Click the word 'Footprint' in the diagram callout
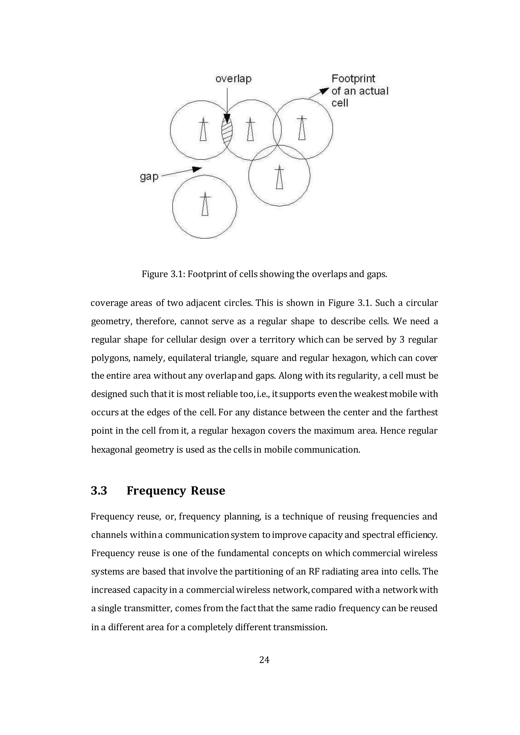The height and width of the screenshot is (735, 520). click(x=353, y=79)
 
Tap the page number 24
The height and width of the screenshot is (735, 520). click(x=264, y=660)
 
